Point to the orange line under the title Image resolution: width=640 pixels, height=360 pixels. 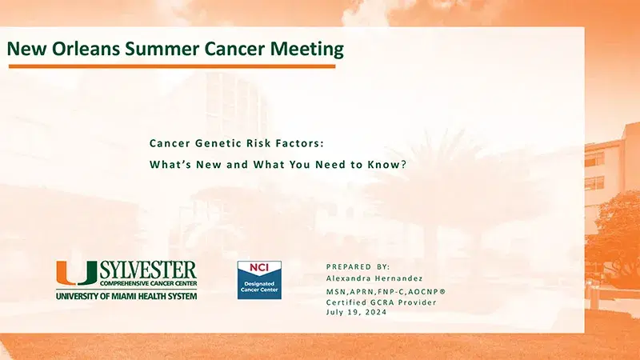[x=171, y=66]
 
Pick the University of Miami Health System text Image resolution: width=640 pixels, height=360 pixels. [x=126, y=295]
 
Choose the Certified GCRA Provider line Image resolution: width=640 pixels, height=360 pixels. [x=377, y=302]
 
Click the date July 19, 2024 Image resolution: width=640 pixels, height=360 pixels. [x=356, y=311]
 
